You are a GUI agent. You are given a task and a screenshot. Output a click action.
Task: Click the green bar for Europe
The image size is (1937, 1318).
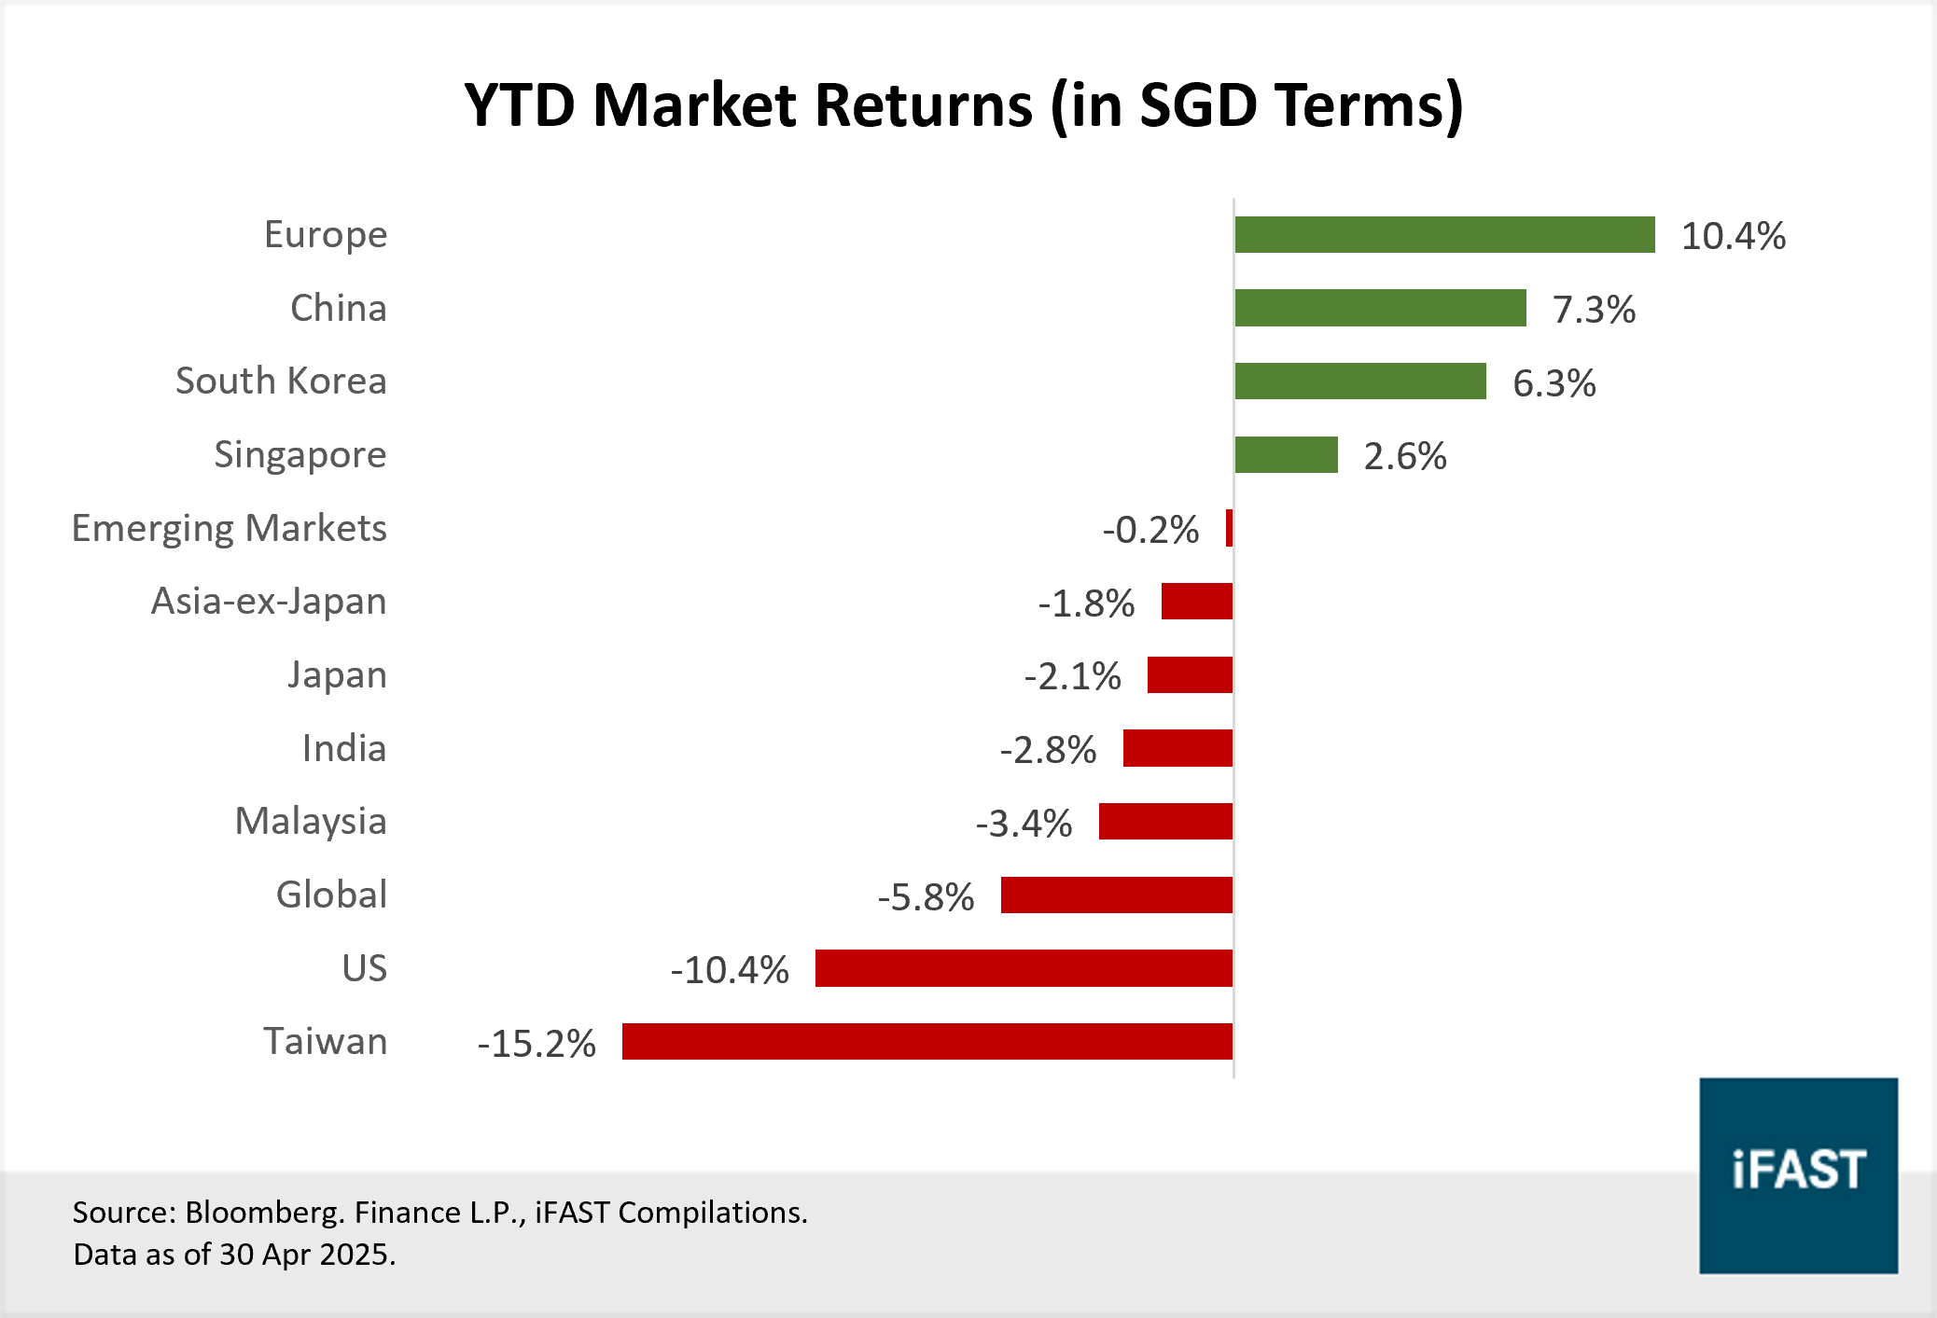[1444, 235]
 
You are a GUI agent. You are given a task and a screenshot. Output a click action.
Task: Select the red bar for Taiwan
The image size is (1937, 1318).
[927, 1041]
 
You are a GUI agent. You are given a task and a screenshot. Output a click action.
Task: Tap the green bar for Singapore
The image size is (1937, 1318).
[1286, 455]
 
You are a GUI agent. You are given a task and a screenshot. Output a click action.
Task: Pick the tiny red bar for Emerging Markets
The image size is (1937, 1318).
[1229, 528]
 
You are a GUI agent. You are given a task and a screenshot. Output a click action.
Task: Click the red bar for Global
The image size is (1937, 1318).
[1116, 895]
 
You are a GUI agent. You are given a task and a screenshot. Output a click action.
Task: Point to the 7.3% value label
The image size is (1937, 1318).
[1594, 310]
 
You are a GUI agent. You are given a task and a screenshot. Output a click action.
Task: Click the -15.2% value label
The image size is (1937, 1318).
[537, 1044]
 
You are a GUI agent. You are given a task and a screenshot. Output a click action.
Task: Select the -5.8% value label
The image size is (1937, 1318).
[926, 897]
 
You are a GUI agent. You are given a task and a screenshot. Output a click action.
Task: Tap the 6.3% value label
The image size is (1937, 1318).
[1554, 383]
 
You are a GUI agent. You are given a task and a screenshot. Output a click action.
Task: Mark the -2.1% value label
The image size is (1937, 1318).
[1072, 676]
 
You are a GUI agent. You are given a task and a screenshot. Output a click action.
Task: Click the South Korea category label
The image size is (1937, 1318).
[281, 382]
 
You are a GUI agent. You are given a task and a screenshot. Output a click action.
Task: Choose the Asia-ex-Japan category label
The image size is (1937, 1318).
[269, 602]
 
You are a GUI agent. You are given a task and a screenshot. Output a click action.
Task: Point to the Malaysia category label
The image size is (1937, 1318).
[311, 822]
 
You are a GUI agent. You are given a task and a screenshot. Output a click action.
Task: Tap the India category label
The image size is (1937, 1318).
[343, 748]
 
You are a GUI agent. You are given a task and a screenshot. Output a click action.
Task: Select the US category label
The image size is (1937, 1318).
[364, 968]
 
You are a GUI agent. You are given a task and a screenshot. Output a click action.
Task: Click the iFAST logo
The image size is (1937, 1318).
[1798, 1175]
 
